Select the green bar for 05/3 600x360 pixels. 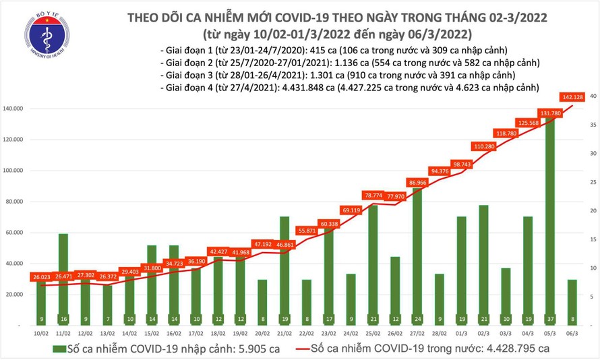550,216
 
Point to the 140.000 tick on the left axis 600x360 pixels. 16,109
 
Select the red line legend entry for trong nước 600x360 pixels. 417,349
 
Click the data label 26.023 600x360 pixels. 42,276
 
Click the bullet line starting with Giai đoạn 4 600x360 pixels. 350,88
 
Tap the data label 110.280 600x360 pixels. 483,146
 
